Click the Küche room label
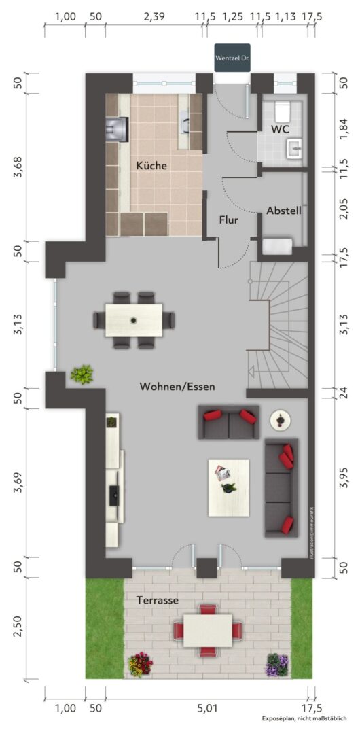151,165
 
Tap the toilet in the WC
282,111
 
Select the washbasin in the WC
295,148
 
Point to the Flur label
228,220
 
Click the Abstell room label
284,211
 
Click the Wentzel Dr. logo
232,58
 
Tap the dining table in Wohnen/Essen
134,320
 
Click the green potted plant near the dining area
82,374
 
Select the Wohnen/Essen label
177,387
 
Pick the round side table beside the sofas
280,420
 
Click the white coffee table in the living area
228,487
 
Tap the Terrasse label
158,600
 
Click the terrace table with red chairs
207,630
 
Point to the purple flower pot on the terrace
276,665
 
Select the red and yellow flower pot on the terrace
141,664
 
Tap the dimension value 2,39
154,17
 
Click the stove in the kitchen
117,129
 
